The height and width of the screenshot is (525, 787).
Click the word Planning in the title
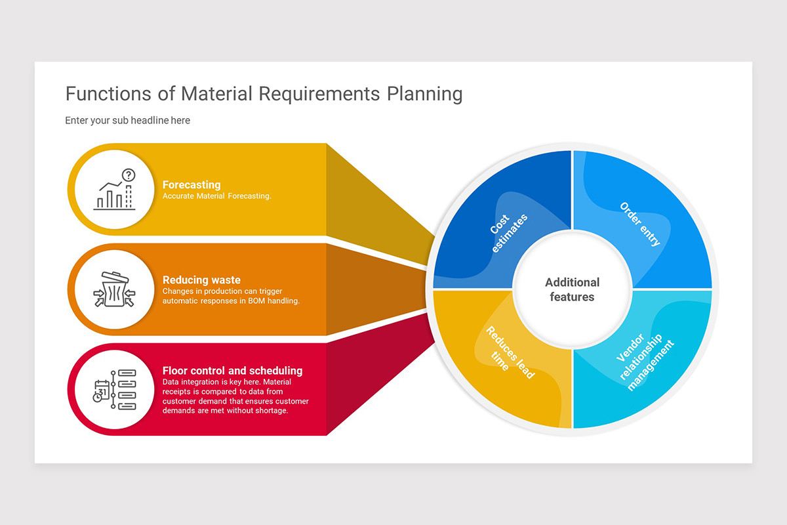424,94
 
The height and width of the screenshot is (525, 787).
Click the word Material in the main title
216,94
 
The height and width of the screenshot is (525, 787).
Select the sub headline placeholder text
127,120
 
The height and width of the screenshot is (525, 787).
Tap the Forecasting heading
192,184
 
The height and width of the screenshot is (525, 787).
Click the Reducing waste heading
201,280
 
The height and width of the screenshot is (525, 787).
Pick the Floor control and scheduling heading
232,371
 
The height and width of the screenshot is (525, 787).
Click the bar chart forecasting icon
115,190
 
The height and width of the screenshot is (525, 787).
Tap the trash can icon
115,289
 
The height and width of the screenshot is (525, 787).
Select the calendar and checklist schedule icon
115,390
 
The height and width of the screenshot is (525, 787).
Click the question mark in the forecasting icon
129,175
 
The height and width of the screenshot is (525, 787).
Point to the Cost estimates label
508,233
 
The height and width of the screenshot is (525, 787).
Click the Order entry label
640,224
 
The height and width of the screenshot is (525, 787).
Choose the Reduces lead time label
510,352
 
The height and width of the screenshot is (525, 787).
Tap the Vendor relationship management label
645,362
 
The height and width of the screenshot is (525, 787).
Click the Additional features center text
572,289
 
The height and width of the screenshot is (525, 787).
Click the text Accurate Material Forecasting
217,196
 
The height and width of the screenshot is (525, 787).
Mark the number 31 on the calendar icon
102,391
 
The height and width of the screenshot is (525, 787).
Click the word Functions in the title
109,94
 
